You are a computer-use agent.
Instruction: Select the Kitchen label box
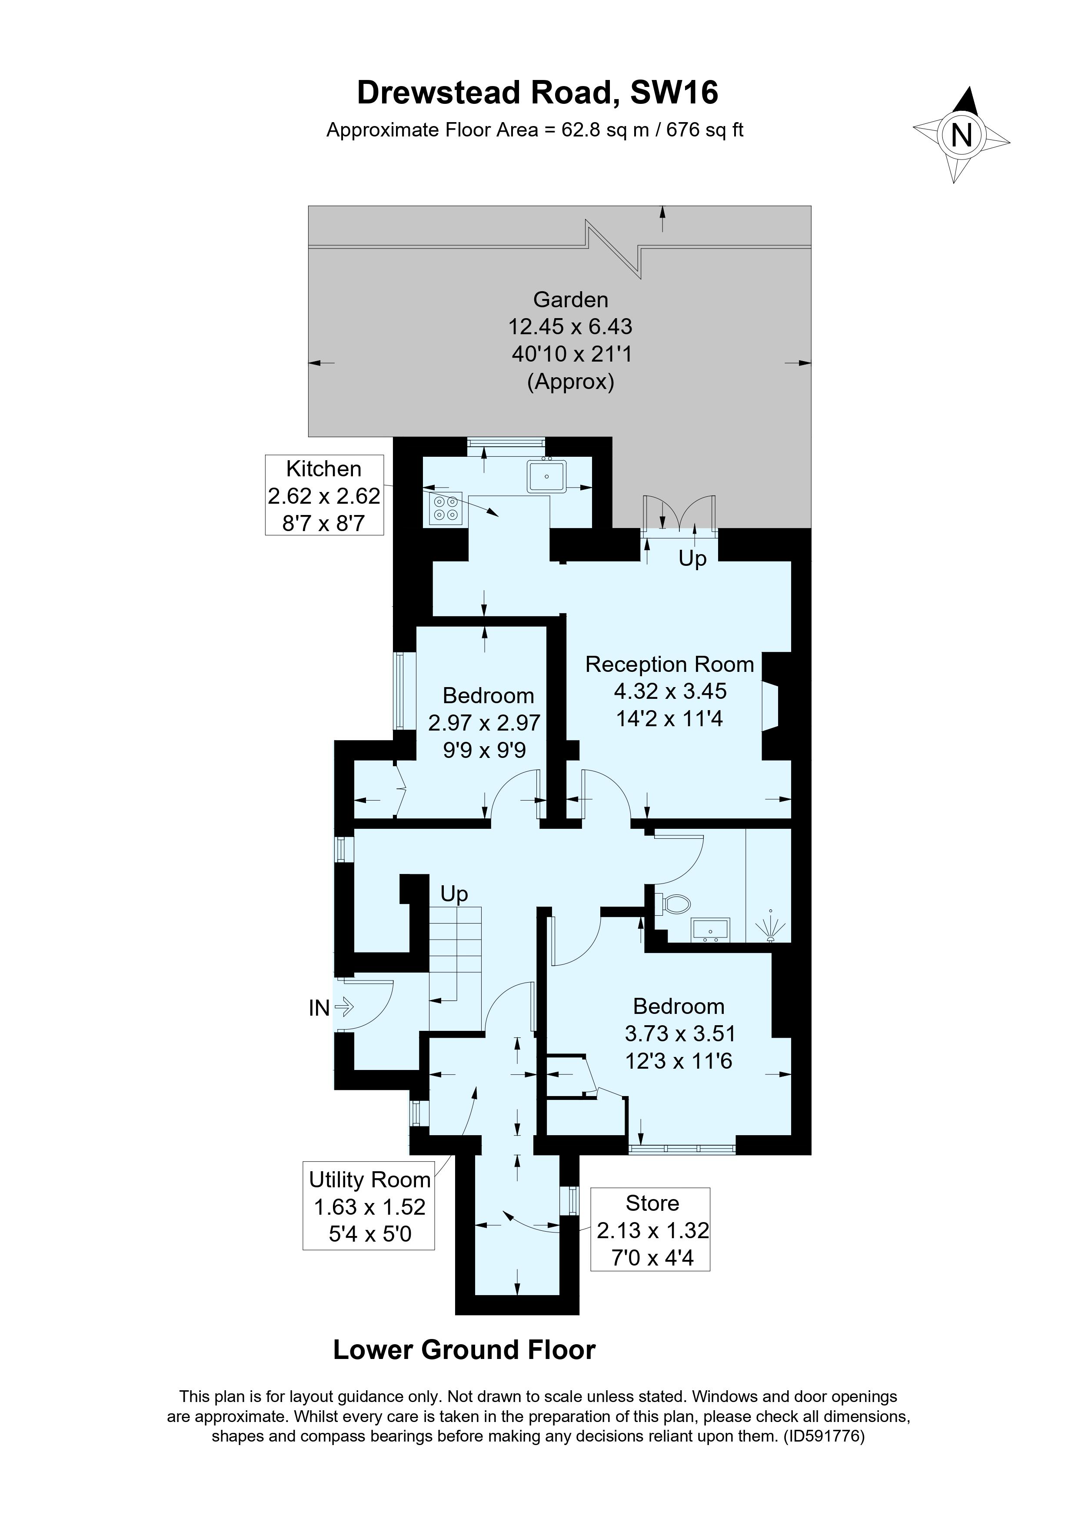tap(324, 495)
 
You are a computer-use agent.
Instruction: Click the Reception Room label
tap(669, 664)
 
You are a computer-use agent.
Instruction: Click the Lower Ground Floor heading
tap(464, 1350)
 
